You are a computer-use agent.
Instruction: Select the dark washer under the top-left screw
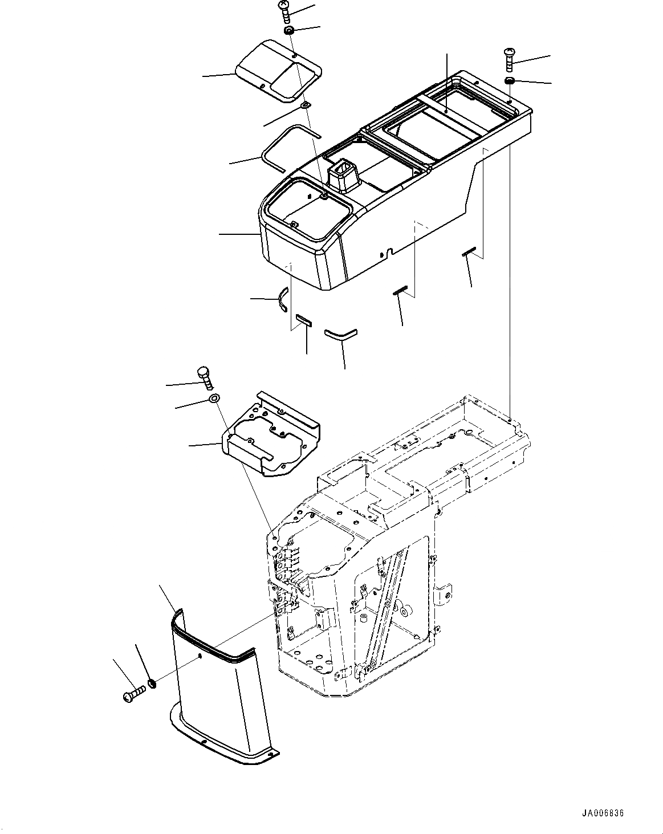coord(289,30)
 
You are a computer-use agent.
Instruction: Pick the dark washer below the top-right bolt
coord(510,80)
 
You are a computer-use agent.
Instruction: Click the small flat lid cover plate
coord(279,72)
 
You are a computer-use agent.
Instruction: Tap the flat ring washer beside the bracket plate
coord(214,398)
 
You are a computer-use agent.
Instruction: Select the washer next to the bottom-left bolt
coord(152,683)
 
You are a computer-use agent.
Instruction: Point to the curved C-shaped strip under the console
coord(283,299)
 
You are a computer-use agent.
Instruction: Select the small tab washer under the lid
coord(306,105)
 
